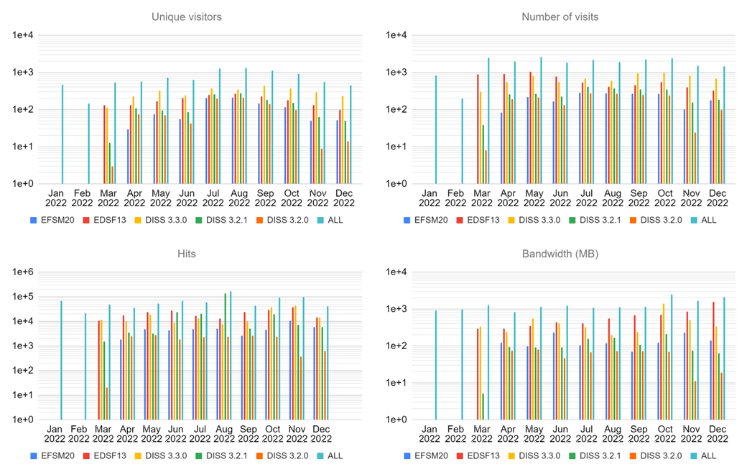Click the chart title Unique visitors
187,17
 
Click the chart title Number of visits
560,17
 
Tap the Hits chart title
187,253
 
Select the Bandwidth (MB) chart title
560,253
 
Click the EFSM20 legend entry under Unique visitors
55,220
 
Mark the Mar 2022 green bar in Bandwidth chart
483,406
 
